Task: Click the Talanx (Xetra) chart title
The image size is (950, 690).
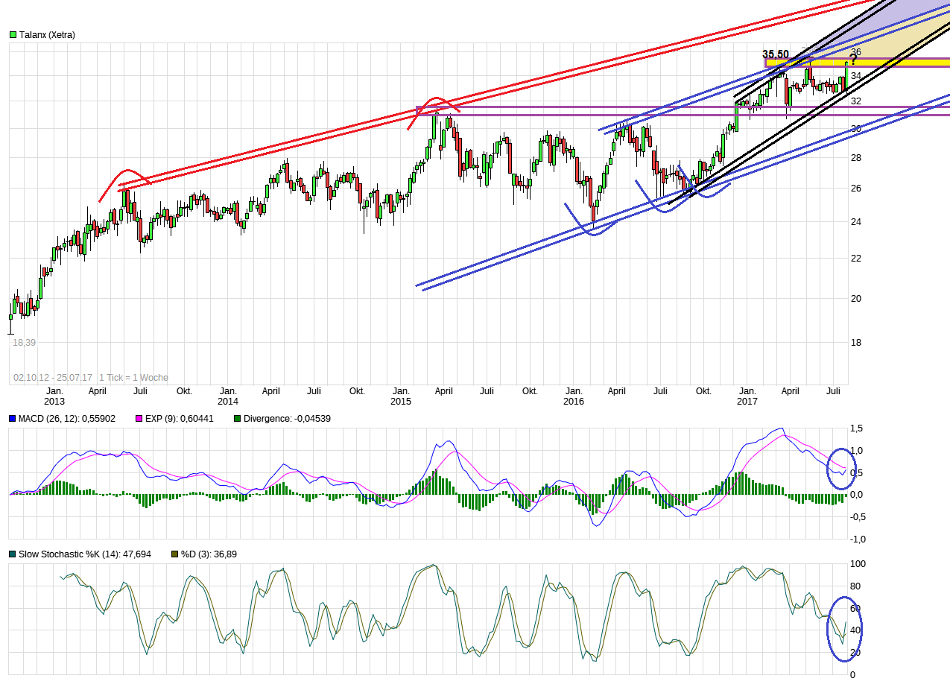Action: click(47, 34)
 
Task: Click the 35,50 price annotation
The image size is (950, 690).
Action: click(775, 54)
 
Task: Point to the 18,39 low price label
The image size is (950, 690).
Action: click(25, 342)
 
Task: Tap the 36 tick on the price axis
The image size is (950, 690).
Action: click(856, 51)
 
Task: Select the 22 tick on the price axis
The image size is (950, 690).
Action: click(856, 258)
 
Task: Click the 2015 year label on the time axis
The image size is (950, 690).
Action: click(401, 402)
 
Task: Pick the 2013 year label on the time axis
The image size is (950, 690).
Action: click(54, 402)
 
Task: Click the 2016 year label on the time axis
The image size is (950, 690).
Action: click(574, 402)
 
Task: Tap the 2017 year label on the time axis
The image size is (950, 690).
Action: click(747, 402)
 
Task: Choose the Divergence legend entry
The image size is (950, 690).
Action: click(287, 419)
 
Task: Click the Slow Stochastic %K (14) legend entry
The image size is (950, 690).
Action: click(84, 554)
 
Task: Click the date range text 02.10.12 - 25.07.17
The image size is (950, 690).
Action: click(52, 378)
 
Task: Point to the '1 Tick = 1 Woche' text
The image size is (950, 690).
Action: click(133, 378)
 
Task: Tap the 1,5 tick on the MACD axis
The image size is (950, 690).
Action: click(856, 428)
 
